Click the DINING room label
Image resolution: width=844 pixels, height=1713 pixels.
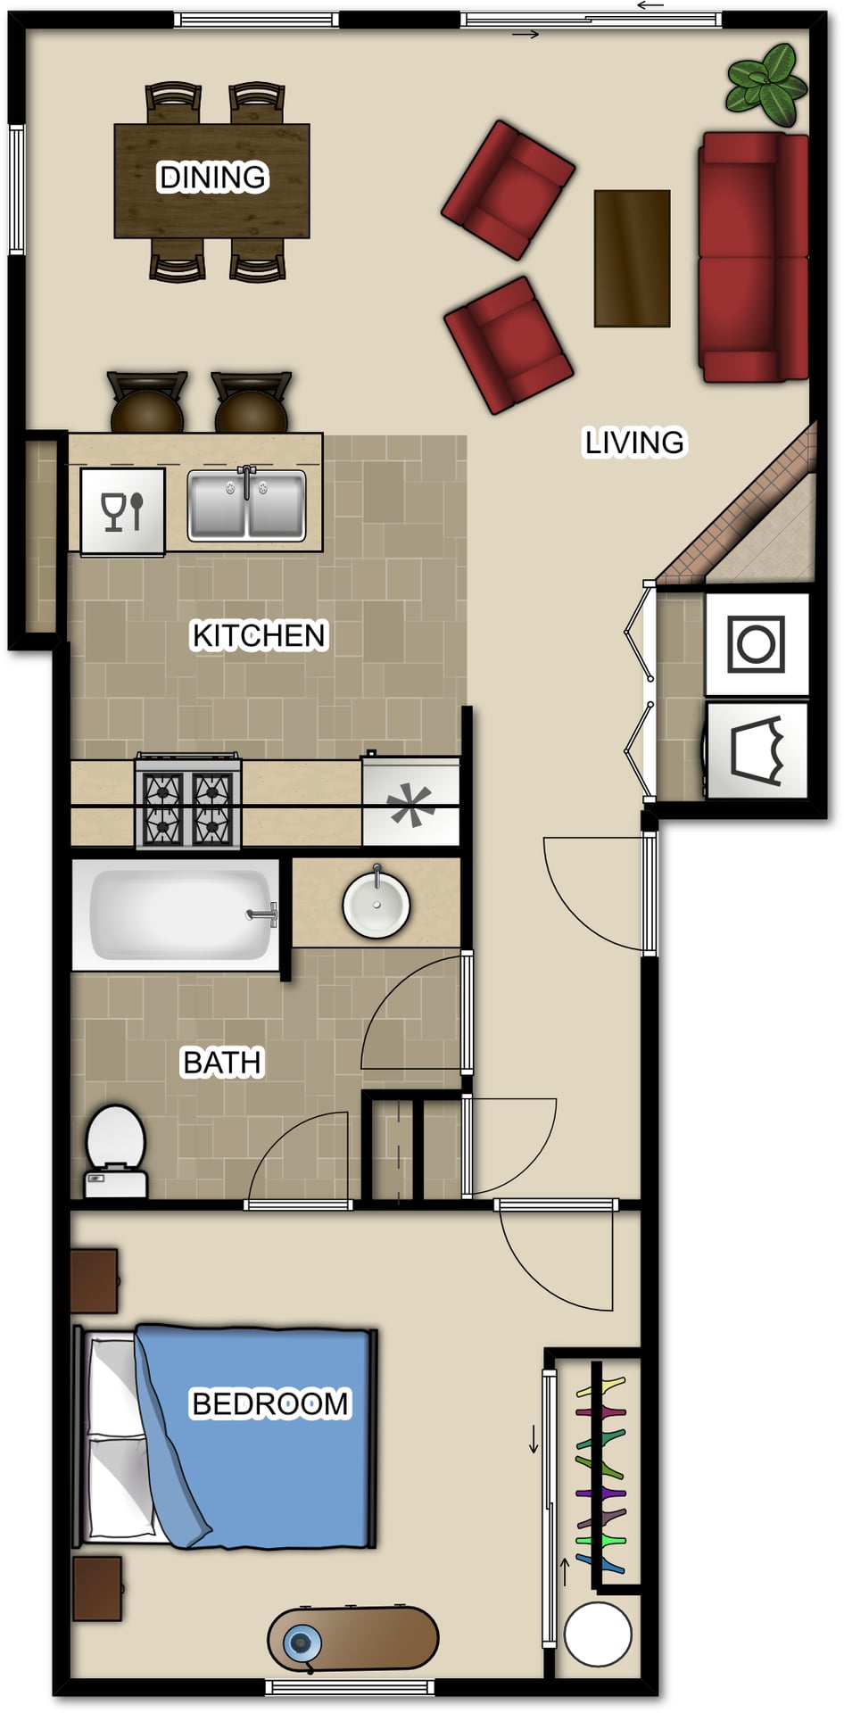point(212,178)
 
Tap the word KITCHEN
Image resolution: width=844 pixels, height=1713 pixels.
point(260,635)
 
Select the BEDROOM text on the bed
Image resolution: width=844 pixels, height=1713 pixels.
point(270,1403)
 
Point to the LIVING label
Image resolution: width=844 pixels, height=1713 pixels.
point(634,442)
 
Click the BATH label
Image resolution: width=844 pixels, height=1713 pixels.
point(222,1063)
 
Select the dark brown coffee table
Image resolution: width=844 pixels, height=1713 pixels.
point(632,258)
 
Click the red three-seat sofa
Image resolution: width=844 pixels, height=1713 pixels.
point(755,258)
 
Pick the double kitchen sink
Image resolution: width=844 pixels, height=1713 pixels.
point(247,505)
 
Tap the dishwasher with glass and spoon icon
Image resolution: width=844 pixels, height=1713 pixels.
point(123,512)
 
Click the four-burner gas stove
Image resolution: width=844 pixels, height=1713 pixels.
point(188,801)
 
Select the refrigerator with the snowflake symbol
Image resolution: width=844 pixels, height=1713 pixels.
point(411,801)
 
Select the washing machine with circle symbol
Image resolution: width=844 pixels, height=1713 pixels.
point(757,644)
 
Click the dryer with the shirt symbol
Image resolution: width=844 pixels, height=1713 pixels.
point(757,750)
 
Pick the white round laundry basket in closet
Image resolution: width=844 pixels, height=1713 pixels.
point(599,1634)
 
